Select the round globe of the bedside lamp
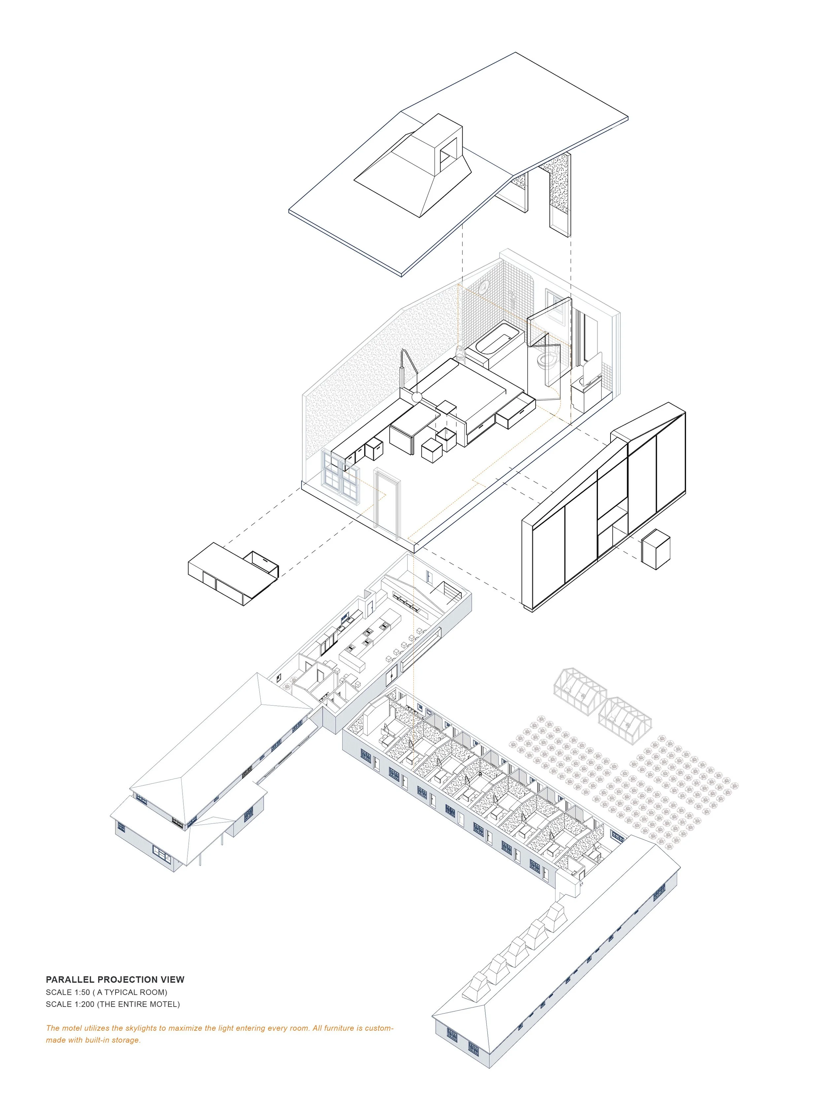[417, 397]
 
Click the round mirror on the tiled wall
[484, 286]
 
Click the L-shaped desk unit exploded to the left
[233, 573]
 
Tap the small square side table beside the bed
[446, 408]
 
